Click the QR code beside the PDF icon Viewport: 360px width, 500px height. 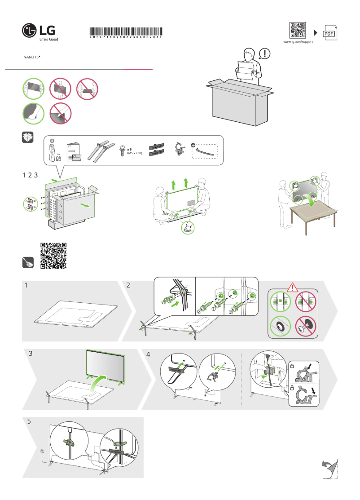point(298,30)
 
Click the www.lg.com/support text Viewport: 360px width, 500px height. point(298,42)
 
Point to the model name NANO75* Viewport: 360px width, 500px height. point(32,58)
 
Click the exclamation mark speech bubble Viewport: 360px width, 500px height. point(265,53)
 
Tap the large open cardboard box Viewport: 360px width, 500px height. point(240,101)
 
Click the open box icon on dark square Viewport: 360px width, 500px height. point(28,137)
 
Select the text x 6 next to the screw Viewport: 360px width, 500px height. point(129,149)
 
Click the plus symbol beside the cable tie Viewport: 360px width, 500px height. point(193,146)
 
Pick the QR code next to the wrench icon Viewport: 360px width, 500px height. point(53,255)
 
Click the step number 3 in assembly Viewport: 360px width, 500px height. point(31,354)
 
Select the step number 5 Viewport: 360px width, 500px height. point(30,422)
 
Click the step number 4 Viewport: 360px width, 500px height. point(149,354)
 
